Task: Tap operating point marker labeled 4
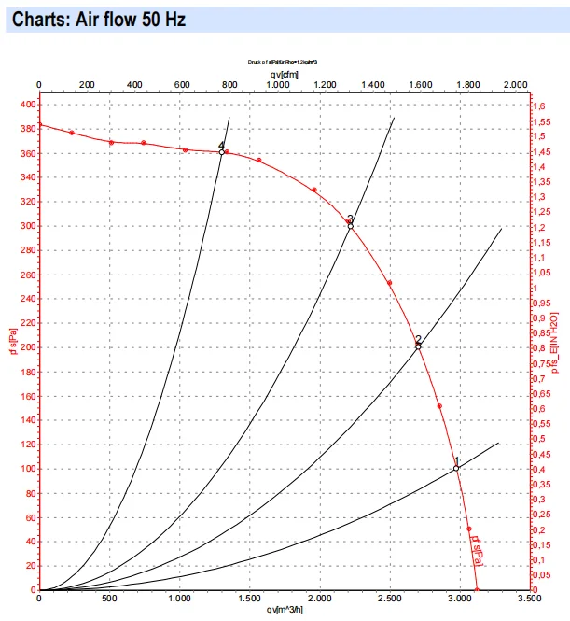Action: pyautogui.click(x=222, y=151)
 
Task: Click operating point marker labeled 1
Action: pyautogui.click(x=456, y=468)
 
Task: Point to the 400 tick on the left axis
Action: pyautogui.click(x=24, y=106)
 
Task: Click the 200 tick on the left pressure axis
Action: pyautogui.click(x=24, y=347)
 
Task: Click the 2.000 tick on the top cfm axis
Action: pyautogui.click(x=515, y=84)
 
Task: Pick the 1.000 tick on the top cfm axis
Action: pyautogui.click(x=276, y=84)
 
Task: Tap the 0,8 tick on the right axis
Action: pyautogui.click(x=537, y=348)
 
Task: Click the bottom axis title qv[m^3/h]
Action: pyautogui.click(x=286, y=611)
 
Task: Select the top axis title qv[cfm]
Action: pyautogui.click(x=278, y=73)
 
